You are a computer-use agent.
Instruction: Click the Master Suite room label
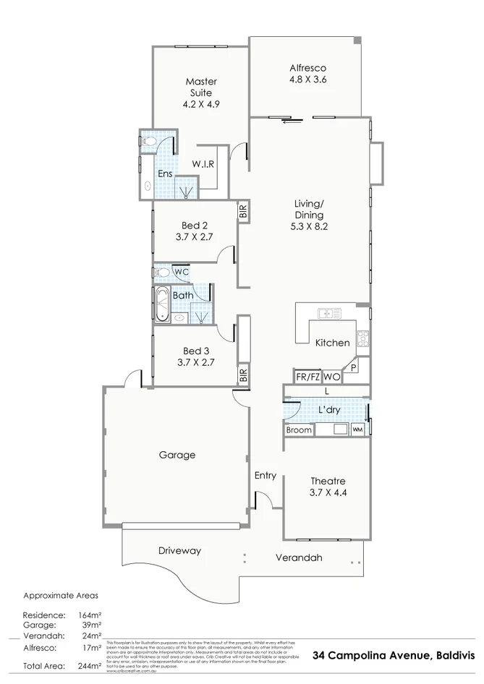(201, 87)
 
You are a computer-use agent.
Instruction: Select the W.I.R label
(203, 164)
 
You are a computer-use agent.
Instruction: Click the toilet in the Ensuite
(148, 142)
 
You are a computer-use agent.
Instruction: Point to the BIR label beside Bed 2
(243, 212)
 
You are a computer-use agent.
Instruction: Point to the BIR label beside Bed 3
(243, 375)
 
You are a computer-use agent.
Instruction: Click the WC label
(180, 272)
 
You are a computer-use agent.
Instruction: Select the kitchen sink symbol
(330, 313)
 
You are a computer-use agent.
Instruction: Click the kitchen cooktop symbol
(362, 338)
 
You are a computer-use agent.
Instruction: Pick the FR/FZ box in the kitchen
(307, 377)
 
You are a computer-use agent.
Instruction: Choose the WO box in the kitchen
(331, 377)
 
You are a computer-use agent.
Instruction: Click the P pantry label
(353, 368)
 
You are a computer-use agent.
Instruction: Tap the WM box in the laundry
(357, 429)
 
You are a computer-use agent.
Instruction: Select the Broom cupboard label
(299, 429)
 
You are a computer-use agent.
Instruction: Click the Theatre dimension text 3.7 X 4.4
(328, 493)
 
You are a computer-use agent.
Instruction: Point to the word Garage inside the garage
(177, 455)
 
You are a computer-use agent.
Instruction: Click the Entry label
(265, 475)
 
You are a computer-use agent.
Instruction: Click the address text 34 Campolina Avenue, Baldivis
(394, 656)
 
